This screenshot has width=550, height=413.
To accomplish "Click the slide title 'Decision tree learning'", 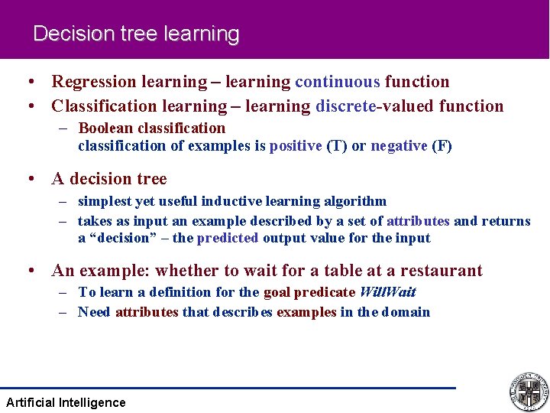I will click(136, 34).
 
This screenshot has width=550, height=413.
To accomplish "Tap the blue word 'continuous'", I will click(337, 82).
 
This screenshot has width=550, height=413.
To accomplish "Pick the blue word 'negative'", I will click(399, 146).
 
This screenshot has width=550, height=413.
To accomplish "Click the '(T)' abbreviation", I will click(337, 146).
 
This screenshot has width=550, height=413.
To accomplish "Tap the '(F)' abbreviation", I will click(442, 146).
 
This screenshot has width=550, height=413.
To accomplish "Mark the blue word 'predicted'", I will click(228, 238).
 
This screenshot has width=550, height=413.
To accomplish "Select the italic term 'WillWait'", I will click(387, 292).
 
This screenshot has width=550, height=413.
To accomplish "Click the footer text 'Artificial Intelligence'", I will click(66, 402).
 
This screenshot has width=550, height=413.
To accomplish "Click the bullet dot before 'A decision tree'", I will click(31, 180).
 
